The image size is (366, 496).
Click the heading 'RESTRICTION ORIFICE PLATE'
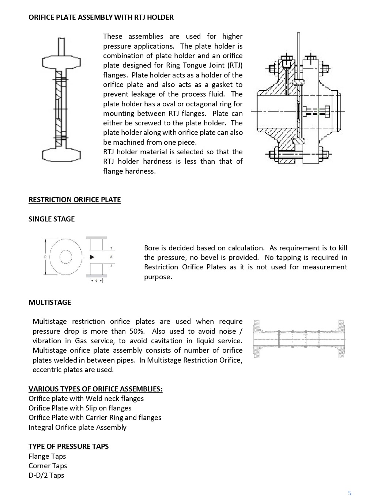(75, 200)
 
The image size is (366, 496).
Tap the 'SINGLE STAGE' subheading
(52, 219)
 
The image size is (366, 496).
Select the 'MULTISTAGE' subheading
(50, 302)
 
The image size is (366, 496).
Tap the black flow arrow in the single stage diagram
(89, 257)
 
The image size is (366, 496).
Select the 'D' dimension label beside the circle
(45, 257)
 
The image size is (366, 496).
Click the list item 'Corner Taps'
(48, 466)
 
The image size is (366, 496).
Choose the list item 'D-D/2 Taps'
(46, 475)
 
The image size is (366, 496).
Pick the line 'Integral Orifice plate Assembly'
(77, 427)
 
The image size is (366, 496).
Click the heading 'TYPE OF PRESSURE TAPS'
(68, 446)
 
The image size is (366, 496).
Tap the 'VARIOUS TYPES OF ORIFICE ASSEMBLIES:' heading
(95, 389)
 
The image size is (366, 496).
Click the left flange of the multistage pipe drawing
(257, 339)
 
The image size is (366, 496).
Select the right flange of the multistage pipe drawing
(342, 339)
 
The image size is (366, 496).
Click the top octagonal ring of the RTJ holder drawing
(61, 62)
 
